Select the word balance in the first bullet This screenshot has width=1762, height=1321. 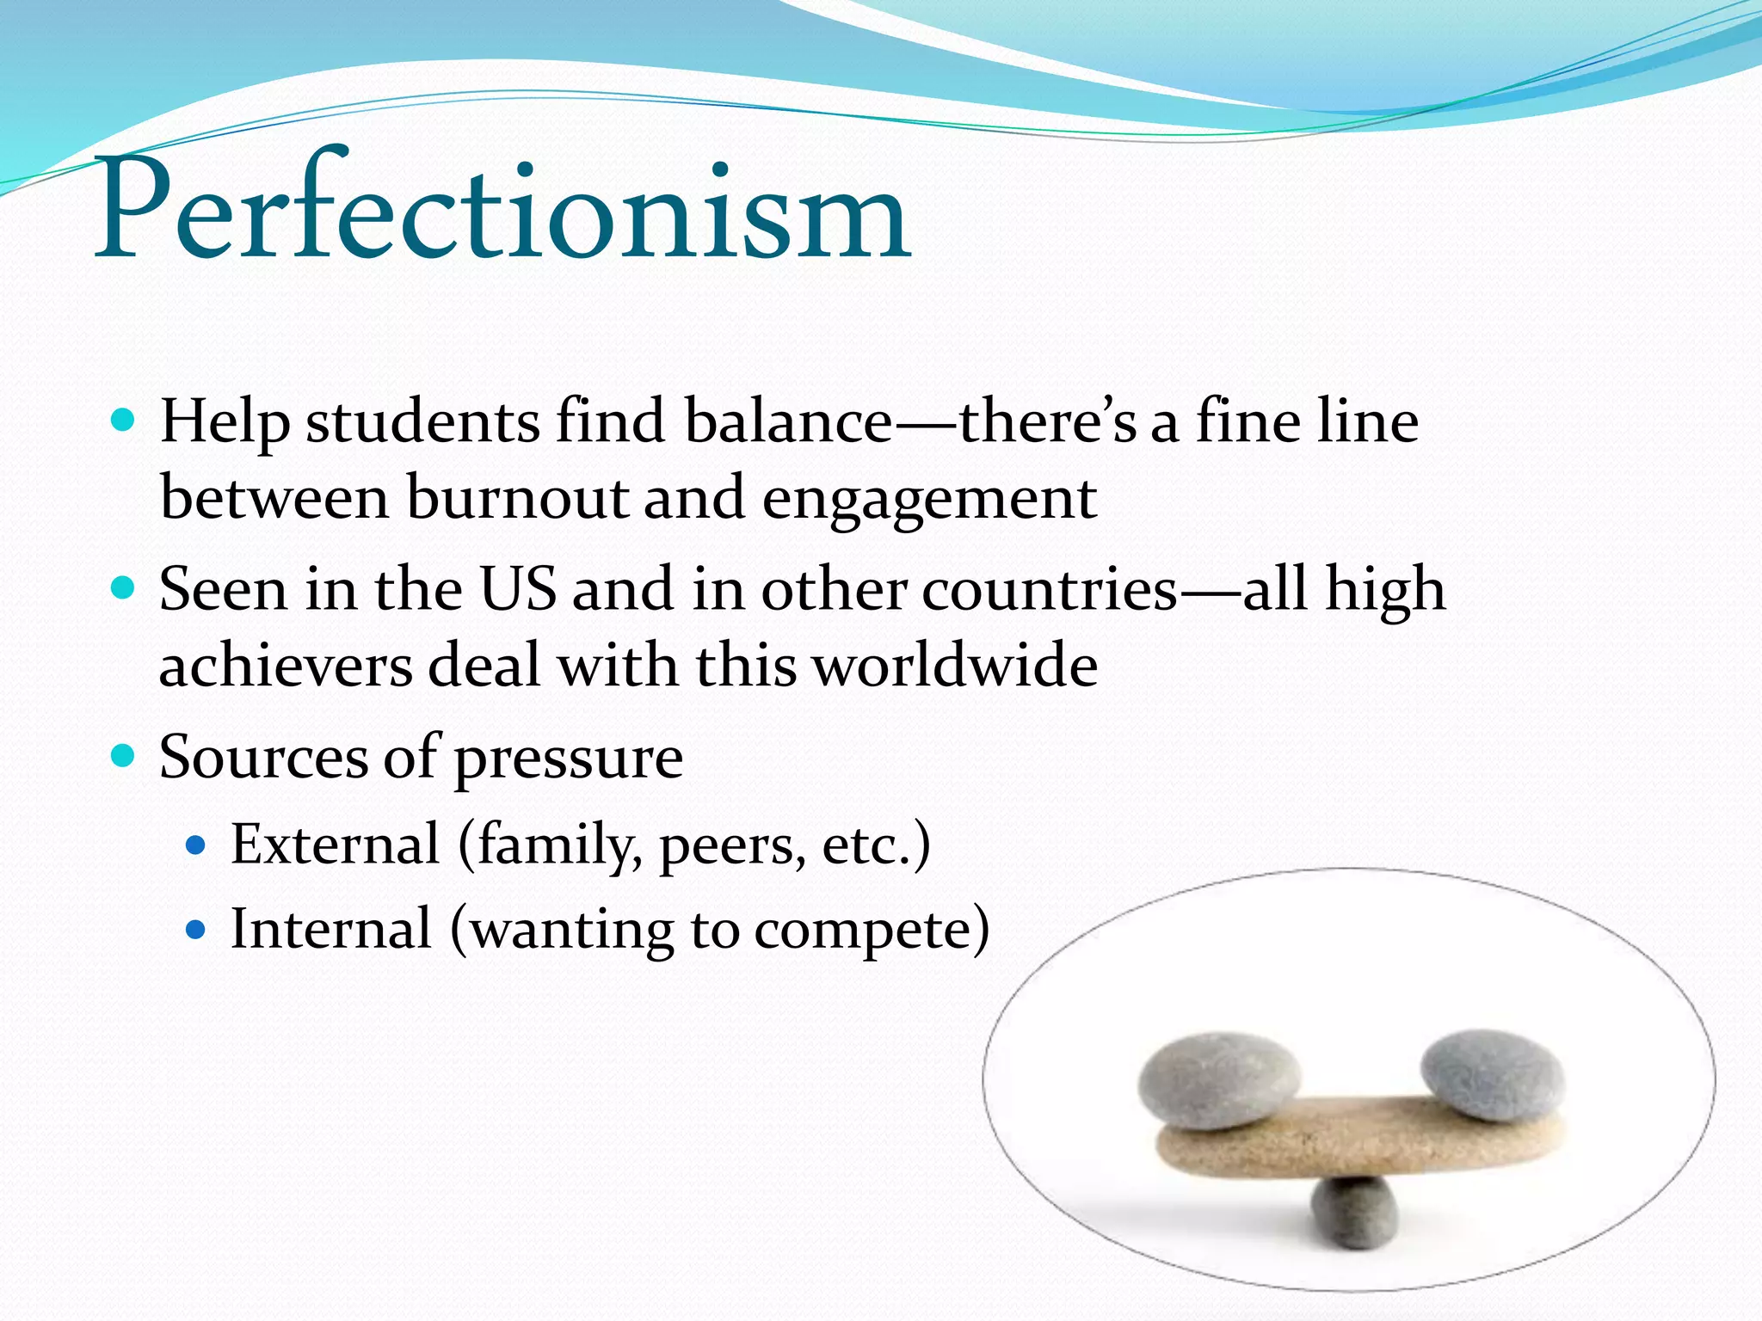[787, 422]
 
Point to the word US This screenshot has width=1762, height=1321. [518, 590]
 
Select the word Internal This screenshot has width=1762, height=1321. [331, 930]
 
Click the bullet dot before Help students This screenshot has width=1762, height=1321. [124, 421]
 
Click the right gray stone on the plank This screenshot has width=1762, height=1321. [1492, 1075]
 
